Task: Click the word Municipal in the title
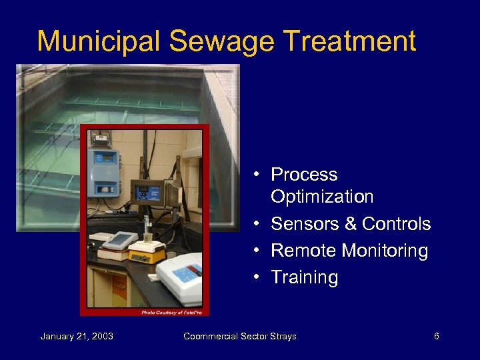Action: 99,41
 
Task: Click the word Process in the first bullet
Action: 304,175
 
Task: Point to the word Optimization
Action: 322,197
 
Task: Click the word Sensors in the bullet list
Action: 304,224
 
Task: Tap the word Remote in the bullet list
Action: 303,251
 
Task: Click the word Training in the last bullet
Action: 305,277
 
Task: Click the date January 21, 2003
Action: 77,336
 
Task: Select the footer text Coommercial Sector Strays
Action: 241,336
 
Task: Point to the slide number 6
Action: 436,336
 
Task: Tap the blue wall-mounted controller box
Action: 103,173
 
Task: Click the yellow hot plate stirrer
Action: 147,253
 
